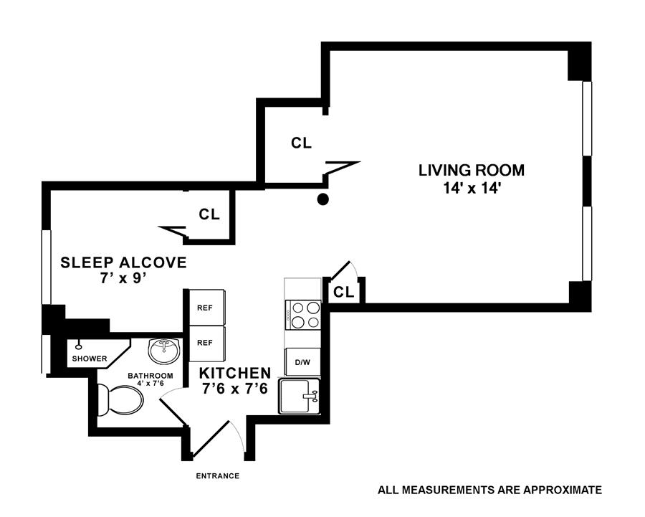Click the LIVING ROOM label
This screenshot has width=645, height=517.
point(472,171)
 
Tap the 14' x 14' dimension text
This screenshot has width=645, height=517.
point(472,189)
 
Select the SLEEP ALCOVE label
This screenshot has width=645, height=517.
point(123,262)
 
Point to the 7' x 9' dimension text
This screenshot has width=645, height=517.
point(123,279)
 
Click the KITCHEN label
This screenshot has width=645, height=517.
point(235,373)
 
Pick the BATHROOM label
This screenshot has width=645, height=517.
point(150,376)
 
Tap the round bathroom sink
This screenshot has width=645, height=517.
point(164,351)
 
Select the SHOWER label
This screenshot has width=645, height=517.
point(90,359)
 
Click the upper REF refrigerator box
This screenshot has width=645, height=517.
point(206,308)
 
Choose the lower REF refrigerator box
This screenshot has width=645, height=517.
point(206,343)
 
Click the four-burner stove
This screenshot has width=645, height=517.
point(302,315)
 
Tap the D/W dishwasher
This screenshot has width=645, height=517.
point(302,362)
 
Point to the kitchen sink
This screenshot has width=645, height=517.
point(300,396)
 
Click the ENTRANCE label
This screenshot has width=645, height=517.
point(218,476)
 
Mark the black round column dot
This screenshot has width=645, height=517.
point(323,199)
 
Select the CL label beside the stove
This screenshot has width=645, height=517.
point(344,293)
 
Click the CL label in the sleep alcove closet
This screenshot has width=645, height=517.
point(209,214)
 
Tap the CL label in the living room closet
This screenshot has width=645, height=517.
point(302,143)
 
